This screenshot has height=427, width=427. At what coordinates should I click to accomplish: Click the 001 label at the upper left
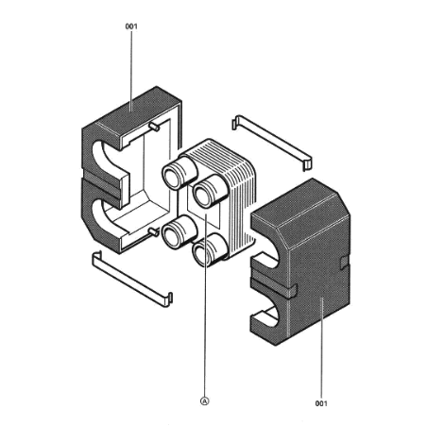click(x=131, y=26)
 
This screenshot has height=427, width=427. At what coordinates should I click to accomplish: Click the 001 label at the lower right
click(x=321, y=403)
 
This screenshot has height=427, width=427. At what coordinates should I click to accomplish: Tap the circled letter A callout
click(x=205, y=401)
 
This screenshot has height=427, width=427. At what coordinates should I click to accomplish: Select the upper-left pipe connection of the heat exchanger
click(x=179, y=173)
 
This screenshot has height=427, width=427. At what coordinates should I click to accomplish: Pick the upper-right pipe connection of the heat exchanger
click(x=209, y=192)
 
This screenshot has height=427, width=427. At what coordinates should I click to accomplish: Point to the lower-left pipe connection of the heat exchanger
click(x=179, y=233)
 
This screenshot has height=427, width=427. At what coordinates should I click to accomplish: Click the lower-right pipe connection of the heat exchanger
click(x=209, y=250)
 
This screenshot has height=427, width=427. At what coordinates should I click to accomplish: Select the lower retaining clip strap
click(x=132, y=279)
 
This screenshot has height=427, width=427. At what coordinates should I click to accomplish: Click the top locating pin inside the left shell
click(x=154, y=127)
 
